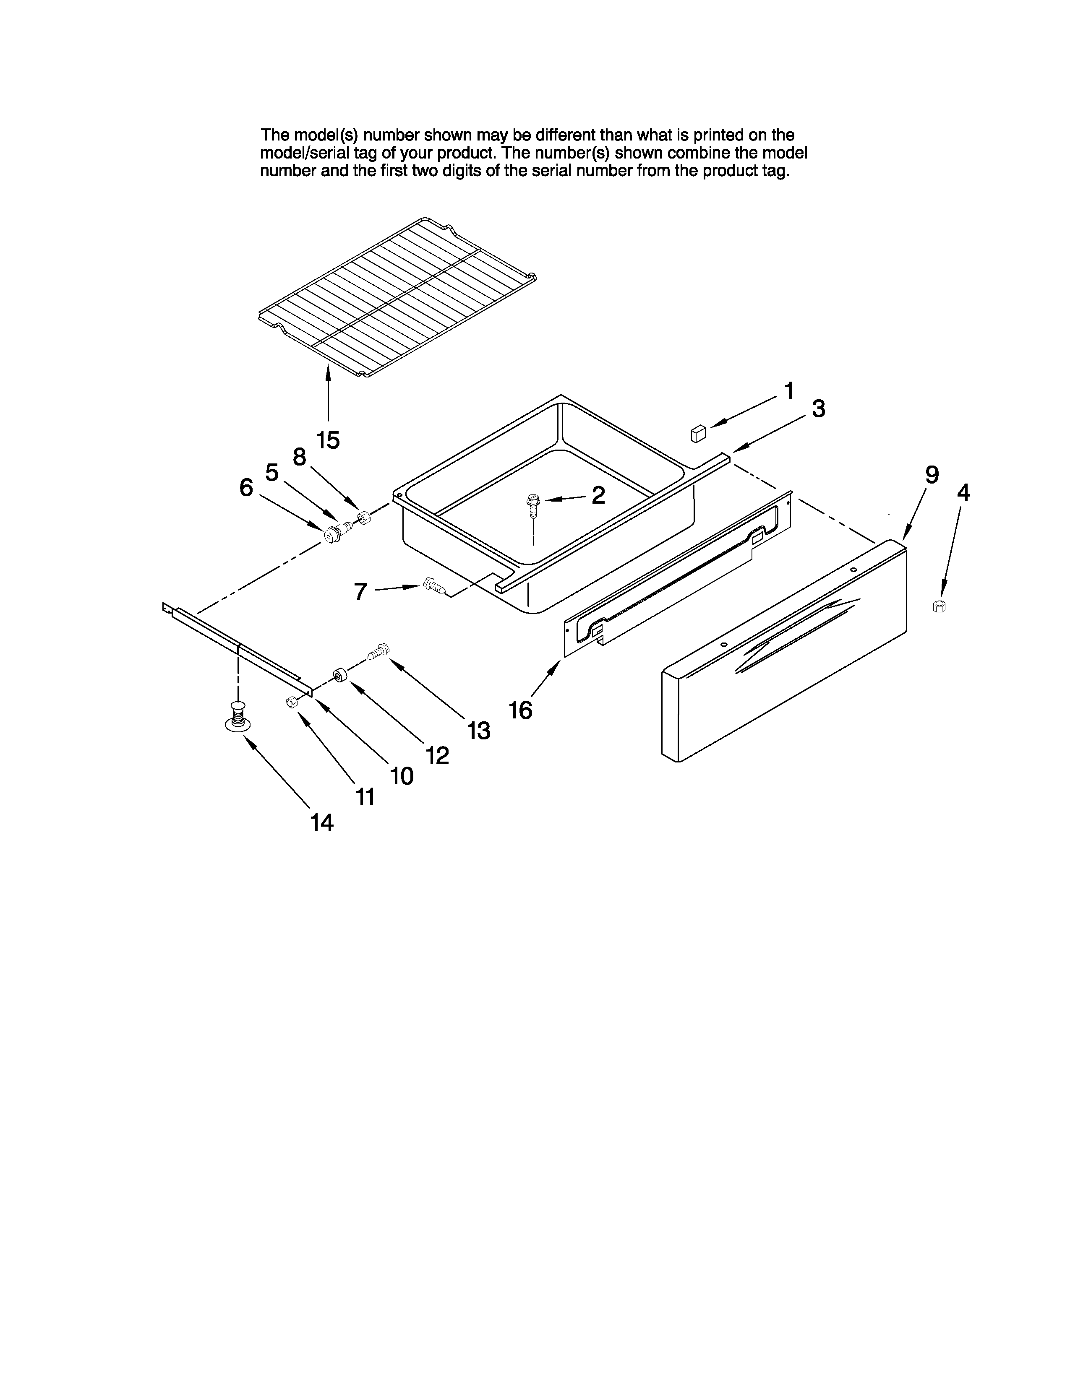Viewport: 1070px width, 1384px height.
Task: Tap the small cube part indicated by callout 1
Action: tap(698, 434)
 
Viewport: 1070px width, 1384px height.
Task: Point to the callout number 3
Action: tap(818, 409)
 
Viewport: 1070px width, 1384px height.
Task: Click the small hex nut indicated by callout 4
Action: tap(940, 606)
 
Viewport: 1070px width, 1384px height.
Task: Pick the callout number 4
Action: tap(963, 492)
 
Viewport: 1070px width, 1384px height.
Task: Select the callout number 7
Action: tap(360, 592)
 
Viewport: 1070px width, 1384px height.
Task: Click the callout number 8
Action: tap(299, 456)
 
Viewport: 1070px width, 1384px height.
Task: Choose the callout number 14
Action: tap(321, 822)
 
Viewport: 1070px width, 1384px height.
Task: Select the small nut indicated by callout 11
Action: tap(292, 702)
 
